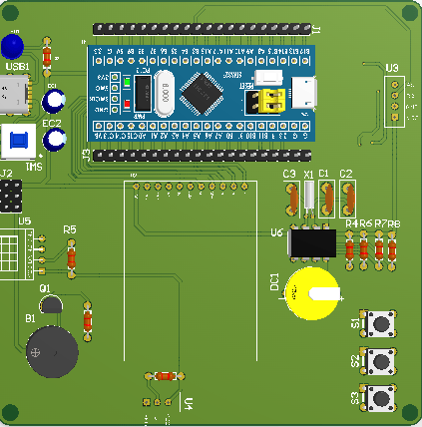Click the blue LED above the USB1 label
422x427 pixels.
pos(12,46)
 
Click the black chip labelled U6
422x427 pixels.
pos(311,242)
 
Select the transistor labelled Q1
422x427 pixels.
pos(52,306)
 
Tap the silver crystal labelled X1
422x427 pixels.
pos(309,195)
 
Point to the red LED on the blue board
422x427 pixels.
pos(128,103)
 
